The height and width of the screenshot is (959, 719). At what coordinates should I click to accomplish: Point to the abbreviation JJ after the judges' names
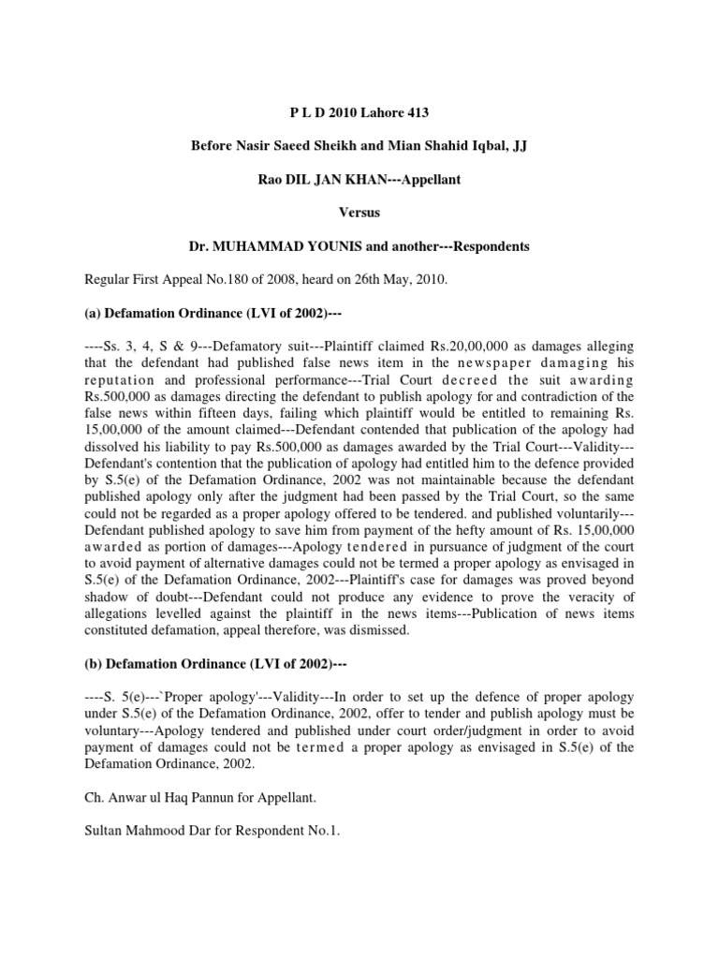point(517,147)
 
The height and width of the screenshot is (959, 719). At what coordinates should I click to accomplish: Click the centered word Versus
point(359,213)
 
